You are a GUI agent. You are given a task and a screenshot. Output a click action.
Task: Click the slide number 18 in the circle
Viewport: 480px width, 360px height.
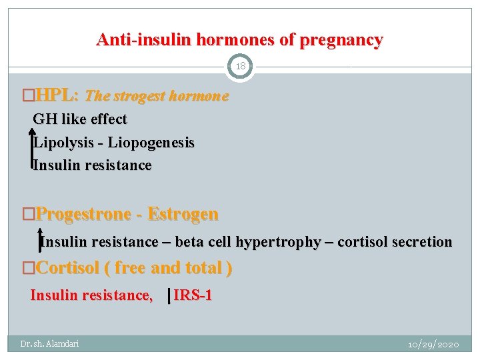tap(240, 67)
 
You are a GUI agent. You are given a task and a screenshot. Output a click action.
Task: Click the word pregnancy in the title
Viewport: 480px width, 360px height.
tap(341, 40)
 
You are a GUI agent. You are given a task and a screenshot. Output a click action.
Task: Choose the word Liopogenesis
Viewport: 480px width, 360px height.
tap(151, 143)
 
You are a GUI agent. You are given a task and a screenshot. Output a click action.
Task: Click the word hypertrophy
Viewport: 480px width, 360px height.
tap(280, 242)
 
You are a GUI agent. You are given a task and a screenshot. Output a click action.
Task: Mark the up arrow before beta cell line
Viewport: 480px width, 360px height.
tap(40, 241)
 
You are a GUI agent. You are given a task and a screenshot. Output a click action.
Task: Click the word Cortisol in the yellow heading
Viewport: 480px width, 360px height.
tap(67, 268)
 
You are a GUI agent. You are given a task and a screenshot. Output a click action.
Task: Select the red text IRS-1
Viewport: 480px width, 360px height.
tap(193, 295)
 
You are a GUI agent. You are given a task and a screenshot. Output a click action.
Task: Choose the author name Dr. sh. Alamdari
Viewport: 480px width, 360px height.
tap(49, 343)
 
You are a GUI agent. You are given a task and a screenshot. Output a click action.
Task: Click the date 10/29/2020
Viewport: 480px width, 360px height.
tap(433, 344)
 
